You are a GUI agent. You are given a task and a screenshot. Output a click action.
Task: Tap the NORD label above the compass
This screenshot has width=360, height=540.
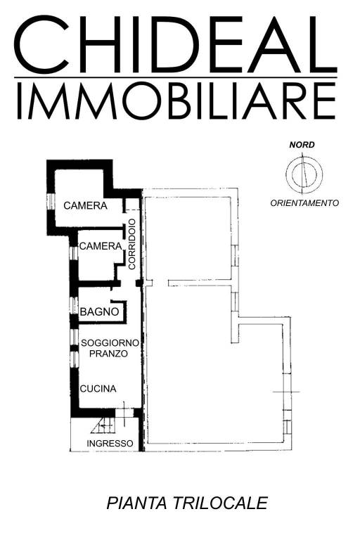pos(302,145)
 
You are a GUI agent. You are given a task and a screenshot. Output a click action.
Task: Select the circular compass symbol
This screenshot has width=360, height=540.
pos(303,173)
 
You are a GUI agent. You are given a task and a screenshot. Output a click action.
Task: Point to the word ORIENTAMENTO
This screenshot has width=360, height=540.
pos(304,202)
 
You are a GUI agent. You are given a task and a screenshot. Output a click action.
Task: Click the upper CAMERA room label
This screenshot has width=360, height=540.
pos(85,206)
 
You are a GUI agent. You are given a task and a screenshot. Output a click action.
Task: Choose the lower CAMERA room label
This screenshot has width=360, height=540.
pos(101,246)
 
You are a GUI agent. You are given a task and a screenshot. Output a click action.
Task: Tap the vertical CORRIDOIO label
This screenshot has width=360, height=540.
pos(131,243)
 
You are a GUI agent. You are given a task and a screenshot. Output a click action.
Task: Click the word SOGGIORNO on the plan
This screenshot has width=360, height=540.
pos(110,342)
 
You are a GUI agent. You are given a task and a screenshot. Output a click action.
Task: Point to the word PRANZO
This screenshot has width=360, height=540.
pos(108,354)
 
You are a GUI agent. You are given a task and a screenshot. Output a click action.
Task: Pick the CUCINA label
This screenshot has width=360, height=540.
pos(98,388)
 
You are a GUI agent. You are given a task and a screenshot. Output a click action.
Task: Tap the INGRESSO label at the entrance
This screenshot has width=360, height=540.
pos(110,443)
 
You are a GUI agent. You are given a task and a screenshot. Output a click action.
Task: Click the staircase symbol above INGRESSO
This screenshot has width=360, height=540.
pos(103,425)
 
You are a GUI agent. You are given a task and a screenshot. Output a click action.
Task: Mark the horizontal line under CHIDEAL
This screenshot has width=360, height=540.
pos(176,77)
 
